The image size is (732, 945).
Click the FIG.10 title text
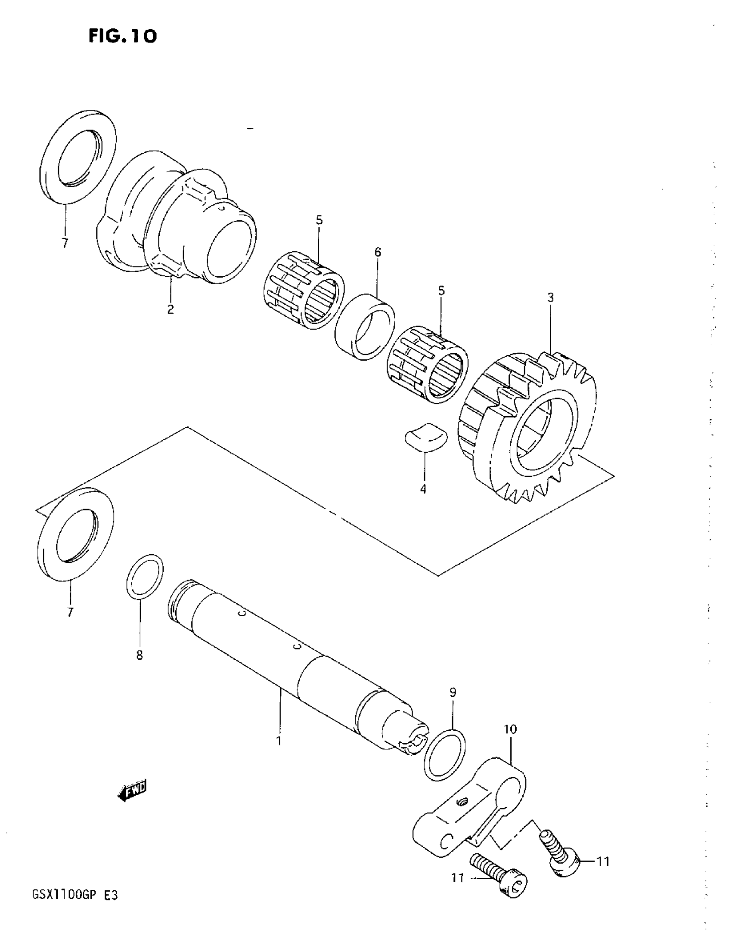[x=123, y=36]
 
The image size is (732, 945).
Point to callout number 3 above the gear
[x=550, y=298]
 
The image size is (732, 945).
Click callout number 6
[x=378, y=252]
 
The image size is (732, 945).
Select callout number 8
[x=140, y=655]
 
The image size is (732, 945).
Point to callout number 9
[x=453, y=692]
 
